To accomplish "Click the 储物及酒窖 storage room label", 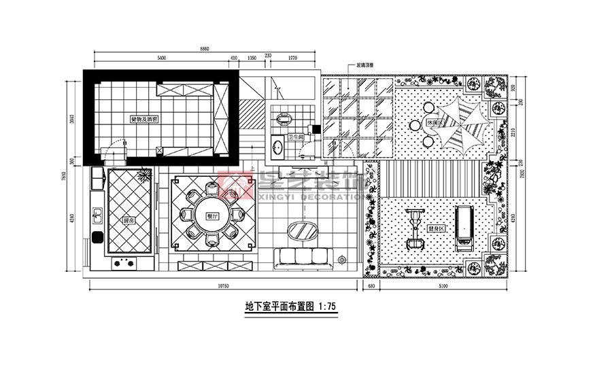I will [x=144, y=118].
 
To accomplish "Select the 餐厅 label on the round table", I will [x=210, y=215].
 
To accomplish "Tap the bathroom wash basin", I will [x=277, y=145].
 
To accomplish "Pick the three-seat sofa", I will [x=301, y=256].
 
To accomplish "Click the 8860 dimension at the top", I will [x=204, y=49].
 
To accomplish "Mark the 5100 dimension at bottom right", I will [x=443, y=287].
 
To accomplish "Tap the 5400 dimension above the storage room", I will [x=161, y=58].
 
